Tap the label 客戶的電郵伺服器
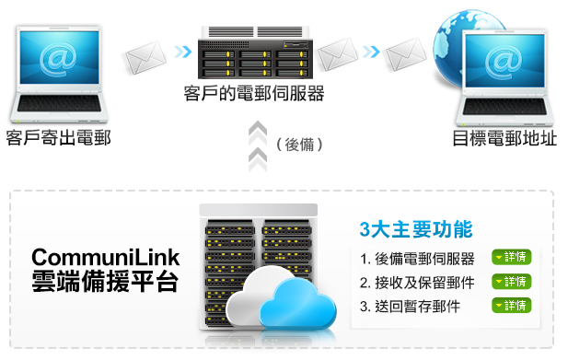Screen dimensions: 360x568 point(255,95)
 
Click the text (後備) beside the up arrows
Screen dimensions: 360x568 point(298,145)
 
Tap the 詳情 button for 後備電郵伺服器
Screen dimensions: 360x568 point(511,258)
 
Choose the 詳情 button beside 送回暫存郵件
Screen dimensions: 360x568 point(511,306)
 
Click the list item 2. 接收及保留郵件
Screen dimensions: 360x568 point(417,282)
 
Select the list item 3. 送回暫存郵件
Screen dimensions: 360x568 point(411,306)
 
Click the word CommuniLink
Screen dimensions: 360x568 point(105,257)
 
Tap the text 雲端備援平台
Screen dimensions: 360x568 point(105,282)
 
